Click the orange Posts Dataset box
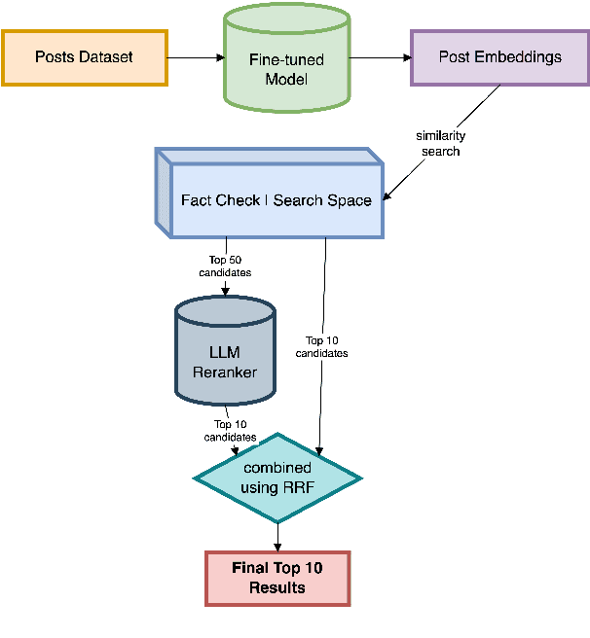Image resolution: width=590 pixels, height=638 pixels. (x=84, y=57)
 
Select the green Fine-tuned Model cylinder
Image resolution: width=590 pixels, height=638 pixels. (x=286, y=68)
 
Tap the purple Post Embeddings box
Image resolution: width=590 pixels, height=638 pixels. (x=499, y=57)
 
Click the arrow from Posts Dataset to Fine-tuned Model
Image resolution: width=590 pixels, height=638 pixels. (x=196, y=57)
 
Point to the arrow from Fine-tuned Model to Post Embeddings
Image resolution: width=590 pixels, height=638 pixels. (x=379, y=57)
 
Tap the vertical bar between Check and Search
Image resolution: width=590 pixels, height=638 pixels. (x=267, y=200)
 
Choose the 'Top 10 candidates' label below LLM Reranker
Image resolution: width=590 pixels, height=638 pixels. (x=231, y=430)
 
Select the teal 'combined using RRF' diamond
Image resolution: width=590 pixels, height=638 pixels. (x=277, y=478)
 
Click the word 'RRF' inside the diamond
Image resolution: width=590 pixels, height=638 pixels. (x=297, y=486)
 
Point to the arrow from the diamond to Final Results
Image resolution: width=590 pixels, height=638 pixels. (x=277, y=536)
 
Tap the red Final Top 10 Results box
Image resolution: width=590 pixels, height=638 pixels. (x=277, y=578)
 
